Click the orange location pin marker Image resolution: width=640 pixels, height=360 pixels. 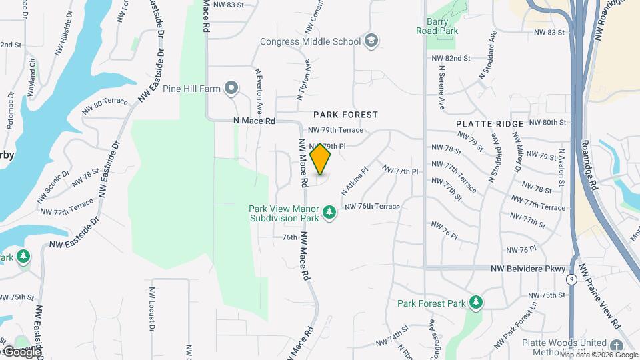321,159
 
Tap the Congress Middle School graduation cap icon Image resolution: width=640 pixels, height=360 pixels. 371,41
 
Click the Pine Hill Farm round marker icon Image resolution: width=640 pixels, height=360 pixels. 231,87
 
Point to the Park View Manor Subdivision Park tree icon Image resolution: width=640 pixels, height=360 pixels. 329,213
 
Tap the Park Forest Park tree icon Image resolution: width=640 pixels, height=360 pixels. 475,303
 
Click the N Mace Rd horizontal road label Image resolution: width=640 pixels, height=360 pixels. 254,121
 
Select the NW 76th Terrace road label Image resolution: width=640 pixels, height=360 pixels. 372,207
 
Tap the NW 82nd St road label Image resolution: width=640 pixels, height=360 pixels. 451,59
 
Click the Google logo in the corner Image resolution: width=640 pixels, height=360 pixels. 21,351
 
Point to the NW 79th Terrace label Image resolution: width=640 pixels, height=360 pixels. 335,130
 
